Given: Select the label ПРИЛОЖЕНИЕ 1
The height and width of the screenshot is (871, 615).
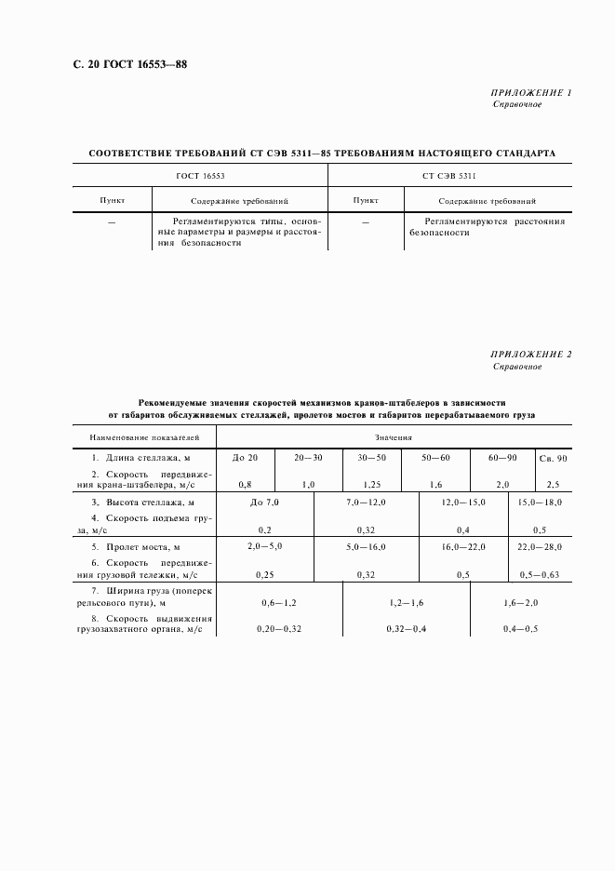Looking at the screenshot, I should click(531, 94).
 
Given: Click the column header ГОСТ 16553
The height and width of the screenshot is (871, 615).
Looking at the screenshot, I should click(200, 175).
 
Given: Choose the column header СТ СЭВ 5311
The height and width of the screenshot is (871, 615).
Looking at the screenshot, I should click(448, 175).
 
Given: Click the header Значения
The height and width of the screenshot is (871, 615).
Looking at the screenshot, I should click(394, 436).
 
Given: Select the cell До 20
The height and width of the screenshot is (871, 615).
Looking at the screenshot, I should click(247, 459).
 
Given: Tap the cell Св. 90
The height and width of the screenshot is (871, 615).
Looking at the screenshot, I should click(553, 460).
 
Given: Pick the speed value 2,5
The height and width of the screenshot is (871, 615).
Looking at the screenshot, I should click(553, 485).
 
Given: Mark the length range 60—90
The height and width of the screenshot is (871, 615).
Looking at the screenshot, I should click(503, 459).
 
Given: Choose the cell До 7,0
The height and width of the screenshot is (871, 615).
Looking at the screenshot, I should click(264, 502).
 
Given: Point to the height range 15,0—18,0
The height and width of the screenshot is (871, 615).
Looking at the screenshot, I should click(540, 502).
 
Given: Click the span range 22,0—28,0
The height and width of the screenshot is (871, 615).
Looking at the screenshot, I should click(540, 546).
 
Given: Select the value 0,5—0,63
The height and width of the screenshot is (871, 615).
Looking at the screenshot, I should click(540, 575).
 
